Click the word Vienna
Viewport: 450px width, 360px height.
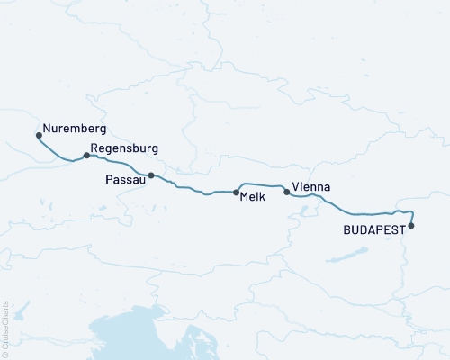coord(311,187)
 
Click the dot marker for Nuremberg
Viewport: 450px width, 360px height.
coord(39,136)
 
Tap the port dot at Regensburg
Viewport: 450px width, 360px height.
coord(86,156)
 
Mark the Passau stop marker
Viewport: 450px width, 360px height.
coord(151,175)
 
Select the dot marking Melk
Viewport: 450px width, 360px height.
coord(237,193)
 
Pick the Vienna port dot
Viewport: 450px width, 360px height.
coord(287,192)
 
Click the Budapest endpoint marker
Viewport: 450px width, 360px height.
coord(411,226)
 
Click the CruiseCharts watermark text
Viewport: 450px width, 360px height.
coord(5,329)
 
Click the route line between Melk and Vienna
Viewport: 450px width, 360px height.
coord(261,185)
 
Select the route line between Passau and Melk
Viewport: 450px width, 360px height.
coord(193,190)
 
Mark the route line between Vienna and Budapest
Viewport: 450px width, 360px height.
coord(351,213)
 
